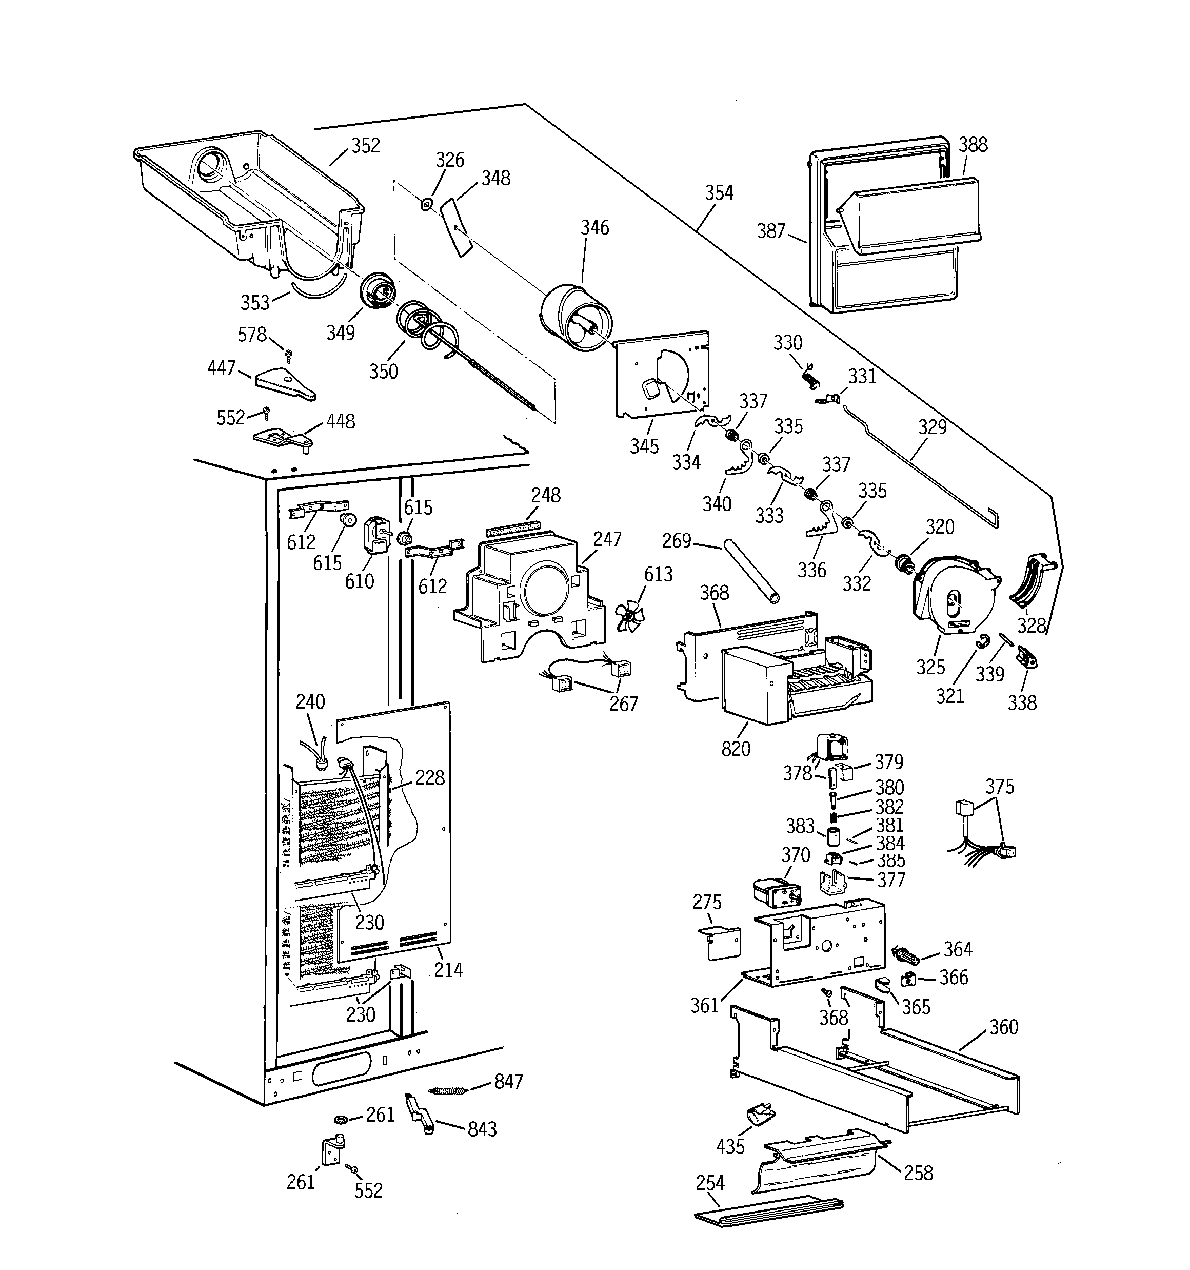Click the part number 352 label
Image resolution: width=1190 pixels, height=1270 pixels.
coord(365,146)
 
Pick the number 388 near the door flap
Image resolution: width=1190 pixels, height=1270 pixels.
coord(973,145)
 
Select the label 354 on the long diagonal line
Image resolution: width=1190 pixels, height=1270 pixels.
coord(719,192)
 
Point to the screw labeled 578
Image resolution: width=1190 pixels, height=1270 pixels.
coord(289,354)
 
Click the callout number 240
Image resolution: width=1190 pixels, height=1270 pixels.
coord(310,701)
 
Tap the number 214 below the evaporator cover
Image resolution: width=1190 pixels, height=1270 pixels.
coord(448,970)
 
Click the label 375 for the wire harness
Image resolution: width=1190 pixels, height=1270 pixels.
coord(999,787)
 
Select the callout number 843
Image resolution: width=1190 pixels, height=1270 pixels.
coord(482,1129)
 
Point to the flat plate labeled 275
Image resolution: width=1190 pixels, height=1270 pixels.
coord(722,943)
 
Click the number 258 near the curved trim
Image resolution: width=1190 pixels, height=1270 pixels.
coord(918,1173)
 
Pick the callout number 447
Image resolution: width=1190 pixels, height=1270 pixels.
coord(221,368)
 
